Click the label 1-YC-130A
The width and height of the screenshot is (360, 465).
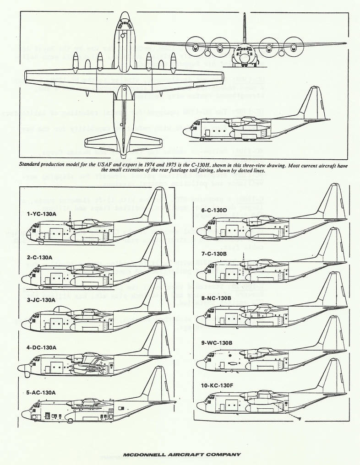41,214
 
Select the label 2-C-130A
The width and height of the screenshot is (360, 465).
39,258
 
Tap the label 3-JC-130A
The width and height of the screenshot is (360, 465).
41,300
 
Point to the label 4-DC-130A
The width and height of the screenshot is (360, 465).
41,347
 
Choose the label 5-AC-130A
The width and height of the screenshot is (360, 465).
41,392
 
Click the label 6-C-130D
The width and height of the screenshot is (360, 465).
214,210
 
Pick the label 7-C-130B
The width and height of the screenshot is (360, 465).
214,253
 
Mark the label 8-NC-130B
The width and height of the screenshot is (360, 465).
216,298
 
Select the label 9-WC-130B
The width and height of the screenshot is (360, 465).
216,341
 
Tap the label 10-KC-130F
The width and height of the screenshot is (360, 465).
217,385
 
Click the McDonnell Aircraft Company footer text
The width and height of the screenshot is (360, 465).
182,454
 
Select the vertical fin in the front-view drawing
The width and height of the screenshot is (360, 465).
245,27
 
